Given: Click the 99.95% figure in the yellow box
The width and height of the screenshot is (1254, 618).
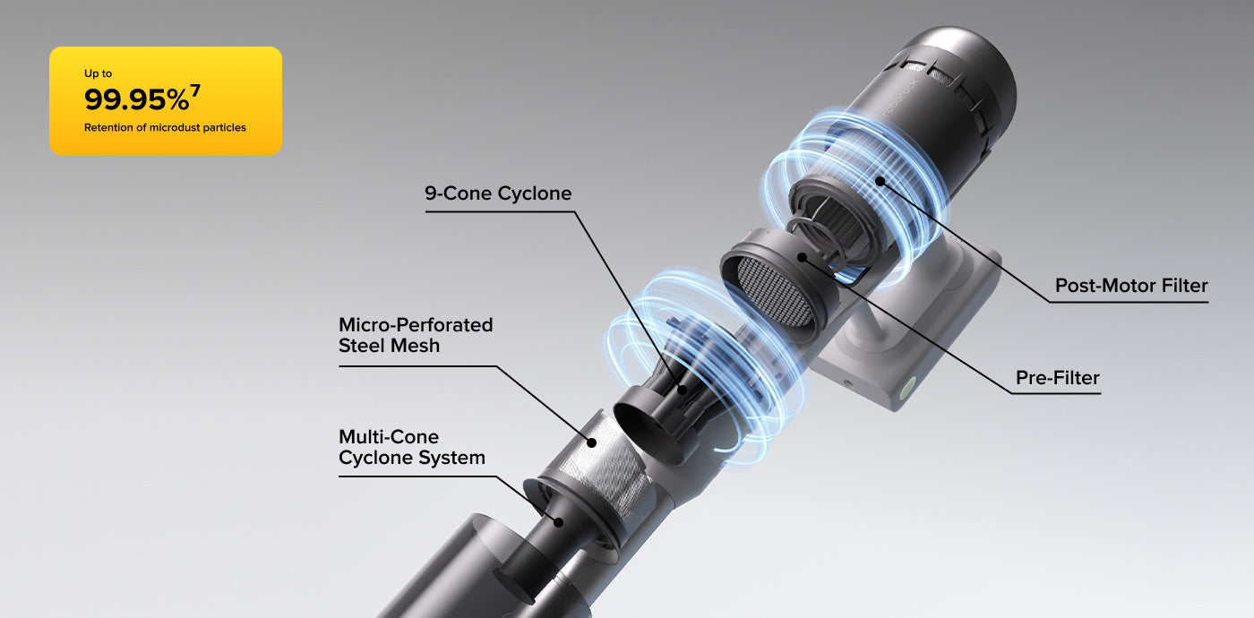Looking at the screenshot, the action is pos(136,99).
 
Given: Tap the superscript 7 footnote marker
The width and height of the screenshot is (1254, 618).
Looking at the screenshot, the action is pos(195,90).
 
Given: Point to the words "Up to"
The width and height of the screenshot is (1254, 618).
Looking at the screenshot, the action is pos(98,73).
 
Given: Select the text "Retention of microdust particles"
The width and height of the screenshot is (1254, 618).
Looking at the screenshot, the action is pos(165,127).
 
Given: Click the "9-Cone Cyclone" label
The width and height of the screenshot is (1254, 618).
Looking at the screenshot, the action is pos(498,193).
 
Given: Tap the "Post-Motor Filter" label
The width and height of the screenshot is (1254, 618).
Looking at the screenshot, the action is pos(1131,286).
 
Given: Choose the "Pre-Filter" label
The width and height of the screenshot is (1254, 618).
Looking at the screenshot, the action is pos(1058,378).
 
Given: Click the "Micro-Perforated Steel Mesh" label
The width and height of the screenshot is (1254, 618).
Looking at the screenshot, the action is pos(416,335).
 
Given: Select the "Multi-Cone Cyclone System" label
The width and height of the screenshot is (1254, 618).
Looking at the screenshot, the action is pos(412,447).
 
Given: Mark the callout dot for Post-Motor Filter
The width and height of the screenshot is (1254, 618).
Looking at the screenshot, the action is pos(880,181).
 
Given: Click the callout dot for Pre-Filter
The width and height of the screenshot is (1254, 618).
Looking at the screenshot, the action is pos(802,258).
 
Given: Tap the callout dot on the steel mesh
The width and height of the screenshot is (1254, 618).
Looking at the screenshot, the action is pos(591,442).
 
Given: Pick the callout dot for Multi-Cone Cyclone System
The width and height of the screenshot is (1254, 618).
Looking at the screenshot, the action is pos(558,522).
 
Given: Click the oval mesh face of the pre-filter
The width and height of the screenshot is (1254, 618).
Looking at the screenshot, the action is pos(774,291).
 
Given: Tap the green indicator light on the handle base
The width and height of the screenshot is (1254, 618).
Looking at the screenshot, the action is pos(906,387).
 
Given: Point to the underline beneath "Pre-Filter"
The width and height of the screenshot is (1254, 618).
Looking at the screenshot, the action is pos(1056,393).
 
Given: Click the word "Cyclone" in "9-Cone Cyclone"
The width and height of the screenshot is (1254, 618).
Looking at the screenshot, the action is pos(535,193).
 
